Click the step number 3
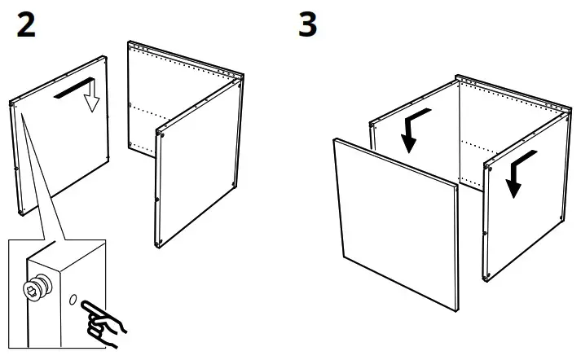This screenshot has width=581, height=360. tap(308, 25)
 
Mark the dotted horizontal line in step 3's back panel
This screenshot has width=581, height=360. tap(481, 145)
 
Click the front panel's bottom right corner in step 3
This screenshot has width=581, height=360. tap(453, 310)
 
